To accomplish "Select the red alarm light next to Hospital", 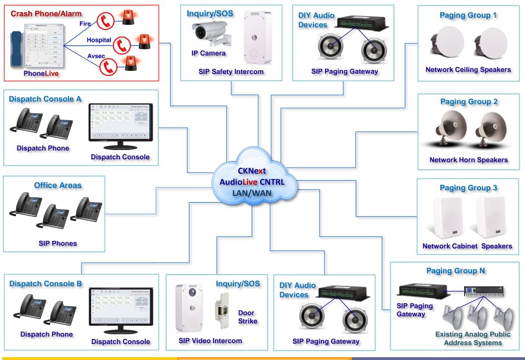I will [x=142, y=42].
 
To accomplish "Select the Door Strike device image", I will [x=219, y=310].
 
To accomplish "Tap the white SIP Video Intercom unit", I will [x=189, y=307].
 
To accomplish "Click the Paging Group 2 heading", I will [x=469, y=102].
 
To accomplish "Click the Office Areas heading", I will [x=58, y=185].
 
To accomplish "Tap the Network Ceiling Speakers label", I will [x=468, y=70].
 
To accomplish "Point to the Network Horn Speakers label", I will [x=468, y=160].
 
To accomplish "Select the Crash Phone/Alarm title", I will [x=46, y=14].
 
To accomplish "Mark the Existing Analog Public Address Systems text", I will [x=473, y=338].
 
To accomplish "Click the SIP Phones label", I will [x=58, y=243].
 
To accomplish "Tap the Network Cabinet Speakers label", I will [x=467, y=246].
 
